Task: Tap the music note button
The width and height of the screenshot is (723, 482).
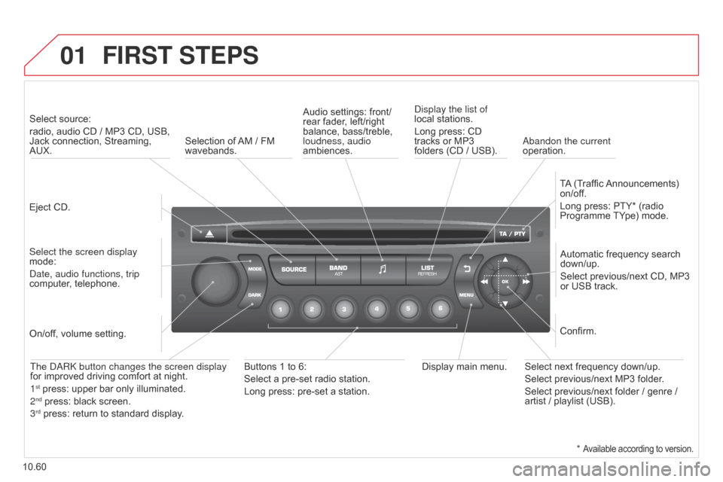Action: pyautogui.click(x=383, y=270)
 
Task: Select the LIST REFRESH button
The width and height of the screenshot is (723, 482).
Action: pyautogui.click(x=428, y=270)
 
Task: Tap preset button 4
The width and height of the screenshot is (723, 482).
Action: pyautogui.click(x=376, y=309)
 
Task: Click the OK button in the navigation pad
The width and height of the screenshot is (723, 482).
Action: pyautogui.click(x=505, y=281)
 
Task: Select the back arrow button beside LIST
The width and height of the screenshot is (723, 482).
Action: pyautogui.click(x=467, y=267)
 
